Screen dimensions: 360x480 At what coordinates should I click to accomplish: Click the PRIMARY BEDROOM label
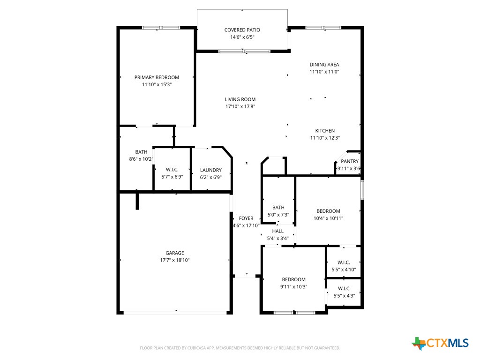tap(157, 77)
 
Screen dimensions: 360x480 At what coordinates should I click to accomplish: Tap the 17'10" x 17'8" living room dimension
tap(240, 107)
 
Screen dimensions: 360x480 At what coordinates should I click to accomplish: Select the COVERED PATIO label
tap(242, 30)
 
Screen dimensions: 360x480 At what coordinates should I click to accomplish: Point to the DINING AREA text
tap(324, 65)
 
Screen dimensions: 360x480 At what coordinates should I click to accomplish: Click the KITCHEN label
tap(324, 131)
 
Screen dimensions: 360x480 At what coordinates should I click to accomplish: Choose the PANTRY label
tap(349, 161)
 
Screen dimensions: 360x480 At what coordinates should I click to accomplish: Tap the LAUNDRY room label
tap(210, 170)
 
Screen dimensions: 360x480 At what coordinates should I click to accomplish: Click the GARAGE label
tap(174, 253)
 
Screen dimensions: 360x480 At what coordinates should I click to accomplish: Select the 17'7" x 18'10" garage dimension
tap(174, 260)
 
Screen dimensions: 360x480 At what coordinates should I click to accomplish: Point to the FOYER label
tap(246, 218)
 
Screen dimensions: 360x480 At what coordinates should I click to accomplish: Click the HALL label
tap(278, 231)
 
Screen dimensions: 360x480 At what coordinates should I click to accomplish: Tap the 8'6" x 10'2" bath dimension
tap(141, 159)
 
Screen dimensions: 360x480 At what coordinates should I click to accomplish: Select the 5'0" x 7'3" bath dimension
tap(278, 215)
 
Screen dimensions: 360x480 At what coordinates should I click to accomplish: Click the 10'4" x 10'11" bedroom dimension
tap(328, 218)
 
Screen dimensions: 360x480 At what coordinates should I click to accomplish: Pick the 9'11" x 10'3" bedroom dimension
tap(293, 287)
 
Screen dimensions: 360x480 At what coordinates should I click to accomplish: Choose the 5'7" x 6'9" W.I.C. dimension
tap(172, 177)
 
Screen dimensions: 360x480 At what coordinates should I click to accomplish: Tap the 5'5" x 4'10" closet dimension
tap(344, 270)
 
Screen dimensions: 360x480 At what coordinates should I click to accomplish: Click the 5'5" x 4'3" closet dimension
tap(344, 296)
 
